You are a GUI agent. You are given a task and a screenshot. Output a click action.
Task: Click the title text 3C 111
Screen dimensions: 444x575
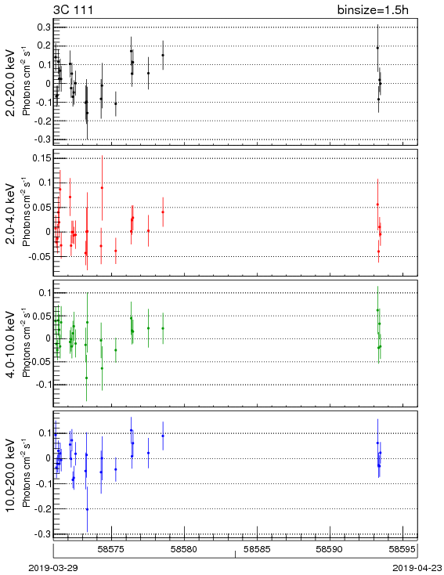[74, 9]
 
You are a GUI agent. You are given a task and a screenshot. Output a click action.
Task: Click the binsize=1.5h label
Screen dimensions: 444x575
[373, 9]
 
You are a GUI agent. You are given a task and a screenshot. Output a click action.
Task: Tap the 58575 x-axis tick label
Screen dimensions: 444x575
[111, 549]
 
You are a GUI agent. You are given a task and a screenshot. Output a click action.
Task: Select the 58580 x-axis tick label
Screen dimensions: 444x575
[184, 549]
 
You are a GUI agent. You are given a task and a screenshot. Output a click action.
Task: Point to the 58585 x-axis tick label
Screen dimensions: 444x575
[257, 549]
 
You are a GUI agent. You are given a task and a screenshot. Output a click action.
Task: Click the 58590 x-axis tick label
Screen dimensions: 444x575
[330, 549]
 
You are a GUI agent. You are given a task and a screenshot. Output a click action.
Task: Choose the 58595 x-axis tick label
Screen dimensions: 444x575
[402, 549]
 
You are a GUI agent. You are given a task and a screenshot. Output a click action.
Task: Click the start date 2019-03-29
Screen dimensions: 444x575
[53, 568]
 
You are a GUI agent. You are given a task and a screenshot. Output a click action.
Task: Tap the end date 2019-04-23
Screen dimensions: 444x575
[417, 568]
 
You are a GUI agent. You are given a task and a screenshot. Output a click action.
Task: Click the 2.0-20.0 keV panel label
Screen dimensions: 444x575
[12, 82]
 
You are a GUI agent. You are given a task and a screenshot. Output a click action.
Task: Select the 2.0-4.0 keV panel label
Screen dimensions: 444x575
[12, 213]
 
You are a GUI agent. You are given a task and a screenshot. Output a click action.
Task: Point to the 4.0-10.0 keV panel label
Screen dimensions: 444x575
[12, 344]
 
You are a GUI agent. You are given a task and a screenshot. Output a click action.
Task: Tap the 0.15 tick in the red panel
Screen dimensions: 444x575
[42, 158]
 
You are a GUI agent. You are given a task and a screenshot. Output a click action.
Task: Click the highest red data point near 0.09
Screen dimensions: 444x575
[102, 188]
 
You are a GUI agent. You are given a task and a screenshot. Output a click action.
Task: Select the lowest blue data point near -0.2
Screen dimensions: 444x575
[87, 509]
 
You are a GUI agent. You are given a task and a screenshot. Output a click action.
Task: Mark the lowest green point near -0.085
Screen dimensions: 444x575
[86, 378]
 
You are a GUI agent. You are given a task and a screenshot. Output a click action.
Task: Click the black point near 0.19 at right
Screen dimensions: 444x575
[377, 48]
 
